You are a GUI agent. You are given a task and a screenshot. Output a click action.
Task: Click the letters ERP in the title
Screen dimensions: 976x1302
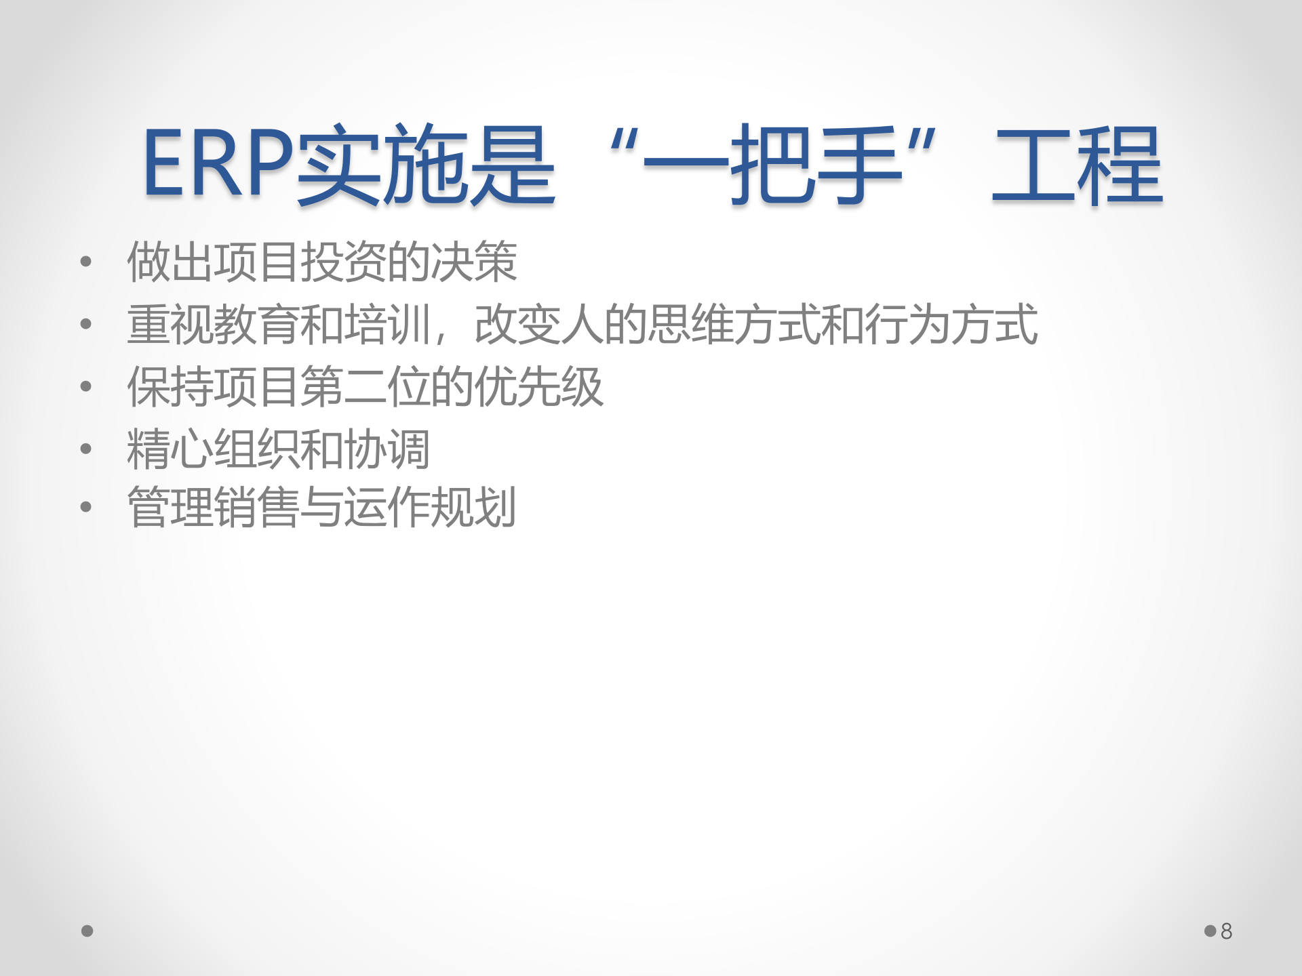tap(217, 164)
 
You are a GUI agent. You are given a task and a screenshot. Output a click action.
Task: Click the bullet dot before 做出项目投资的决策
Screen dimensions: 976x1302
tap(85, 262)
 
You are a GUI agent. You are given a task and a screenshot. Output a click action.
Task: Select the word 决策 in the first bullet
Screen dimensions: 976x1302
tap(474, 262)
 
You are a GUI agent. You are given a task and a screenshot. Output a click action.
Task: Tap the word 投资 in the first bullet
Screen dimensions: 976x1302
tap(344, 262)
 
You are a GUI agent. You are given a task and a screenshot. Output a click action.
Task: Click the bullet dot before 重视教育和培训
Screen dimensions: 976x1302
tap(85, 324)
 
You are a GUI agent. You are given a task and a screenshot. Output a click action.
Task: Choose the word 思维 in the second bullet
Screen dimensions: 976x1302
tap(691, 324)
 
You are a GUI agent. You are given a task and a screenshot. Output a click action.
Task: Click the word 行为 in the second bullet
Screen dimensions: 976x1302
tap(907, 324)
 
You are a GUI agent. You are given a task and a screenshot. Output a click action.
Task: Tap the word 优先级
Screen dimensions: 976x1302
tap(539, 386)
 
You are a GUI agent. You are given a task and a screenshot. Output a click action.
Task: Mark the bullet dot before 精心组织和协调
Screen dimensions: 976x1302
tap(85, 449)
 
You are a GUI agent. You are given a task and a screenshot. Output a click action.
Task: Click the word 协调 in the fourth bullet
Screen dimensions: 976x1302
tap(387, 449)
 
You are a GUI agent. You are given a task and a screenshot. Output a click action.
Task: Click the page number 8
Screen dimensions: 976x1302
tap(1226, 931)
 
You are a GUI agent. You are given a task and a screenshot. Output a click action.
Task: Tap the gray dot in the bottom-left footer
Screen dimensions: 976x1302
tap(87, 931)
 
